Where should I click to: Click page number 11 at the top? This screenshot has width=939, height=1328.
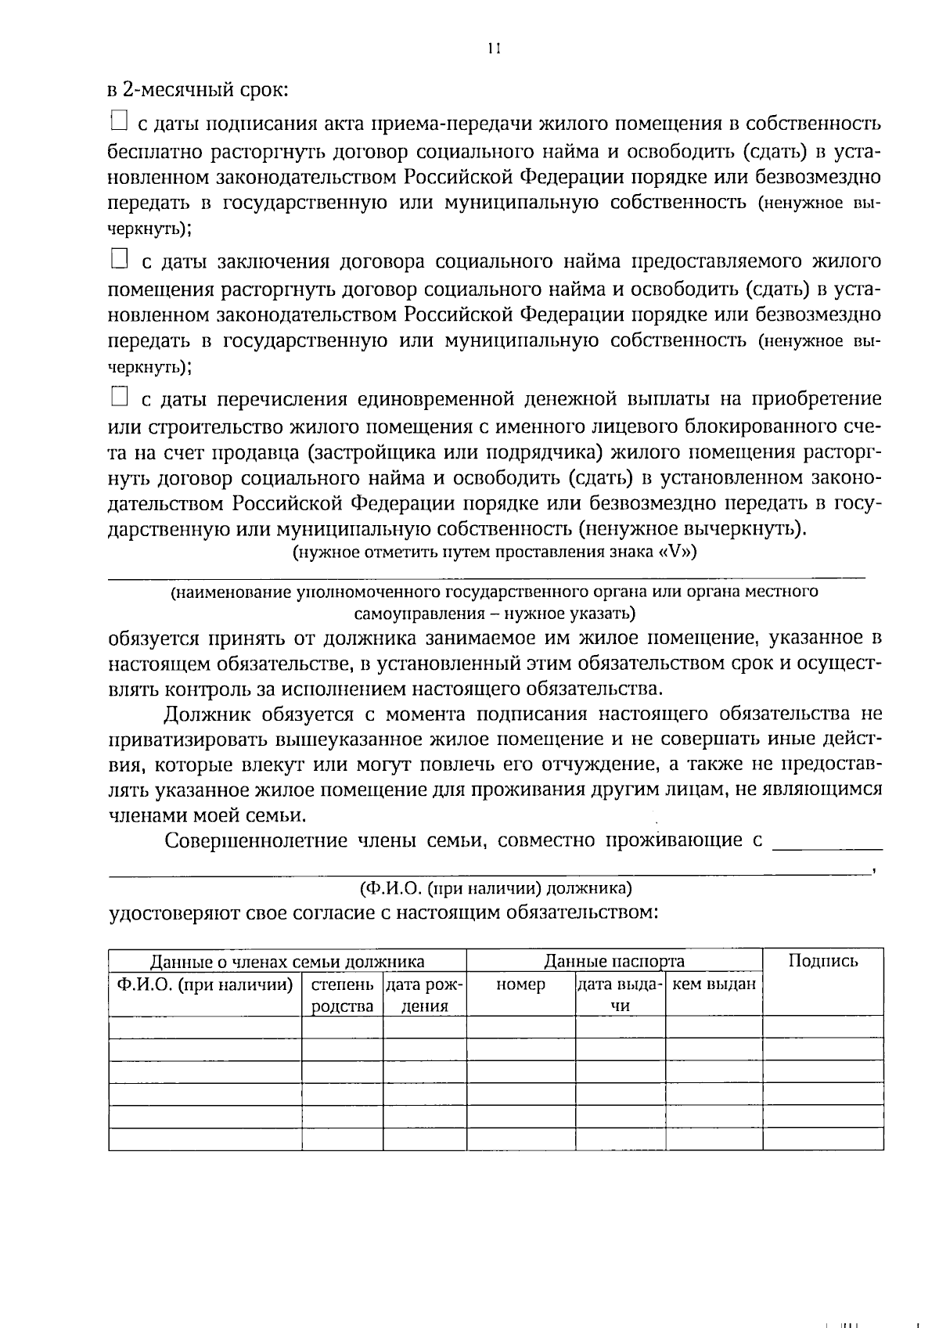[492, 49]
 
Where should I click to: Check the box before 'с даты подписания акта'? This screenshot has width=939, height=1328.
[118, 121]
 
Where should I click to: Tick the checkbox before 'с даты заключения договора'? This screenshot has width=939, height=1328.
[118, 258]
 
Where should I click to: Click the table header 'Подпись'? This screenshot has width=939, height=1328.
[822, 961]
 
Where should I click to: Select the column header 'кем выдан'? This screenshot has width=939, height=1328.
[714, 984]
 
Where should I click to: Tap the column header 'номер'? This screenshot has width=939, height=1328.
[520, 984]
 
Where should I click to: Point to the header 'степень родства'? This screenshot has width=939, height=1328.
[342, 995]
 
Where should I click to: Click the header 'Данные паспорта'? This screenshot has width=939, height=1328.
[613, 961]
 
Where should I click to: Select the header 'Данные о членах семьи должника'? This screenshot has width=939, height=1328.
[287, 961]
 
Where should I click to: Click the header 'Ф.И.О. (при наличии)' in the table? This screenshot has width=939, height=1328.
[205, 984]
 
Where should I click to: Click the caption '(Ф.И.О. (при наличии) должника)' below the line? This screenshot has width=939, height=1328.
[496, 888]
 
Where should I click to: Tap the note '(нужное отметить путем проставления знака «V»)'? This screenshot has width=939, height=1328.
[495, 552]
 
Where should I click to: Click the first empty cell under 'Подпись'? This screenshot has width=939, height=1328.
[822, 1027]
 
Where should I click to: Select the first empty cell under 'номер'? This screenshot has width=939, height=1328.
[520, 1027]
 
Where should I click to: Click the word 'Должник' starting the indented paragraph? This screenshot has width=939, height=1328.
[207, 714]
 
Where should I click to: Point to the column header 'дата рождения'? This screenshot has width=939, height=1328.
[424, 995]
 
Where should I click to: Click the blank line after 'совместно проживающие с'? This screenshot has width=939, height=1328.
[827, 845]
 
